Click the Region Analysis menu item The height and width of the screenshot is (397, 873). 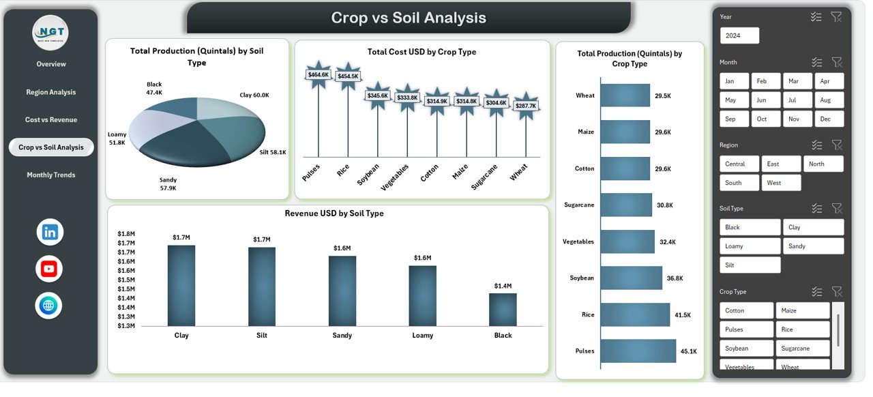[51, 92]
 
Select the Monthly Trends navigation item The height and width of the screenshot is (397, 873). [51, 175]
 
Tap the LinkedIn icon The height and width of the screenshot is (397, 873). [50, 232]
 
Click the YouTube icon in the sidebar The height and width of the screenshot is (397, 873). [49, 269]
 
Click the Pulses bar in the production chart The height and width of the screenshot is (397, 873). [638, 351]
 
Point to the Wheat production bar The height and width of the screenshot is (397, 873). [625, 95]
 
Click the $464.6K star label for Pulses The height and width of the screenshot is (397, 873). [319, 74]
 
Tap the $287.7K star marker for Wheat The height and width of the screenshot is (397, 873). [526, 106]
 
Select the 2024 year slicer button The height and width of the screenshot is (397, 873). [739, 35]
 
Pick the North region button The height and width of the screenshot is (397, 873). [823, 164]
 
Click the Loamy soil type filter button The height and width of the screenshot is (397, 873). [750, 246]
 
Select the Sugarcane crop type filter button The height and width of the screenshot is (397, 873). [803, 348]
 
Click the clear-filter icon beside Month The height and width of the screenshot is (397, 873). [837, 62]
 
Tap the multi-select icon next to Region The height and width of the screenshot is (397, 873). [816, 145]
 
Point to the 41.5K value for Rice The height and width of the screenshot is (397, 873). [683, 315]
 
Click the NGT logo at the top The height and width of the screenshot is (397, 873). [50, 32]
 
